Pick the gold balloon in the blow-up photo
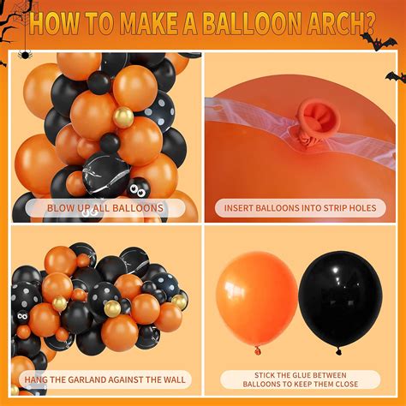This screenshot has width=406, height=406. (x=123, y=117)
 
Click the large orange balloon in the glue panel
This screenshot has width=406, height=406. (x=256, y=296)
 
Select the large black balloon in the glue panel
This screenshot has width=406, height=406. (x=340, y=296)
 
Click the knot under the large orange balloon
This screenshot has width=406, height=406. (x=257, y=348)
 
